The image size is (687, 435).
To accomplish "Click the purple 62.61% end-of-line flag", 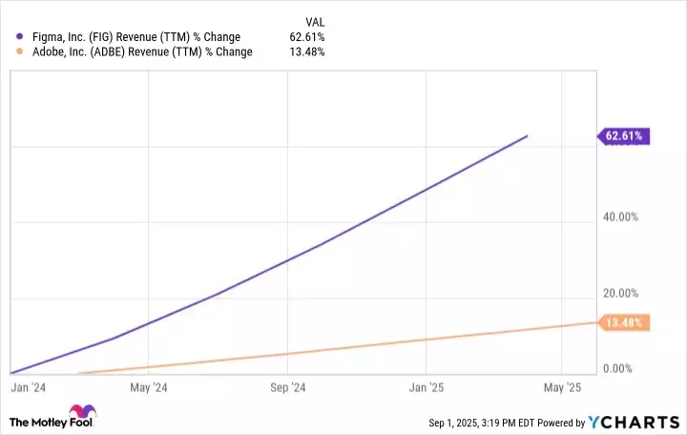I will (625, 136).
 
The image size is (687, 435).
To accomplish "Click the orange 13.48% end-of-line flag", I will (625, 323).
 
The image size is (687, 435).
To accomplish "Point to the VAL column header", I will (313, 19).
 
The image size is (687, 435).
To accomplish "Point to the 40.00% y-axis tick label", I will (620, 217).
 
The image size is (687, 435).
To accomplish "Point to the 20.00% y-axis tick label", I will (620, 293).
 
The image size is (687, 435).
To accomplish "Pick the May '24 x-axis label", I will (148, 388).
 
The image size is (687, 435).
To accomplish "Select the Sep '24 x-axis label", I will (287, 388).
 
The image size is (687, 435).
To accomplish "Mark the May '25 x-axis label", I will (562, 388).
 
